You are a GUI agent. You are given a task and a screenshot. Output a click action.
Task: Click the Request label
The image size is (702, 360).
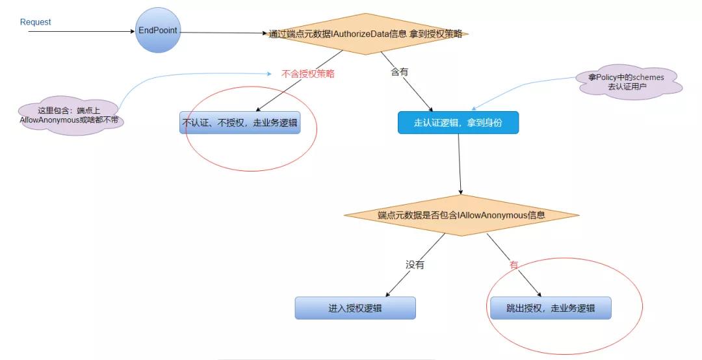pyautogui.click(x=35, y=22)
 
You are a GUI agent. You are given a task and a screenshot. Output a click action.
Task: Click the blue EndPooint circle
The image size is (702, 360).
pyautogui.click(x=158, y=31)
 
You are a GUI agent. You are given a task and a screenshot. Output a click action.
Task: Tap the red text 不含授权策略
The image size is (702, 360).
pyautogui.click(x=307, y=74)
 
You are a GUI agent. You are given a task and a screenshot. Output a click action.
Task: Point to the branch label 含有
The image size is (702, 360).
pyautogui.click(x=399, y=71)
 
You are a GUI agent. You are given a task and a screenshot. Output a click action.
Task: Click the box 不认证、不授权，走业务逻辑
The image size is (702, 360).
pyautogui.click(x=240, y=122)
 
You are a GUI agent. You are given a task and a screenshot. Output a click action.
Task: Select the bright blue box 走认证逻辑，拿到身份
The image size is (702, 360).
pyautogui.click(x=458, y=122)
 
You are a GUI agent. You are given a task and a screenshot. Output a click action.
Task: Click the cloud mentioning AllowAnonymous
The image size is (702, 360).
pyautogui.click(x=70, y=116)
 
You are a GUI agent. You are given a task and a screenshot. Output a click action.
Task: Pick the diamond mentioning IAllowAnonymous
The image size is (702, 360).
pyautogui.click(x=461, y=215)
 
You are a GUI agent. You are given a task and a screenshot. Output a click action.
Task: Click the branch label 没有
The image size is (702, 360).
pyautogui.click(x=415, y=264)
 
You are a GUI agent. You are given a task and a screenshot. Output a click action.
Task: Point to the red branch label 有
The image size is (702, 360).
pyautogui.click(x=513, y=265)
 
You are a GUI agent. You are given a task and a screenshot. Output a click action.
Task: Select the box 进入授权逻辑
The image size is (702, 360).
pyautogui.click(x=355, y=308)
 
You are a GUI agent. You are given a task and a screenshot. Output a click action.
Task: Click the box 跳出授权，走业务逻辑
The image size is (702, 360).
pyautogui.click(x=551, y=308)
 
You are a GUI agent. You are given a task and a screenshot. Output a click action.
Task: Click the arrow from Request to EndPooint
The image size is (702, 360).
pyautogui.click(x=82, y=31)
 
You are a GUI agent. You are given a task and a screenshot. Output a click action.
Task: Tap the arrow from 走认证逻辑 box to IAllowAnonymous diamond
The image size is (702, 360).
pyautogui.click(x=460, y=164)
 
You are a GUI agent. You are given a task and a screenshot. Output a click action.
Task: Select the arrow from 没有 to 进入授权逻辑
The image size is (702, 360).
pyautogui.click(x=415, y=265)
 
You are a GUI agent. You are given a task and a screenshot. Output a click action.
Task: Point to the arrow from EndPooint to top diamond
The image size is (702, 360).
pyautogui.click(x=224, y=32)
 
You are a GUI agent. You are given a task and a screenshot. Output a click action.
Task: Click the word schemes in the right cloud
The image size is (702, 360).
pyautogui.click(x=648, y=77)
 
